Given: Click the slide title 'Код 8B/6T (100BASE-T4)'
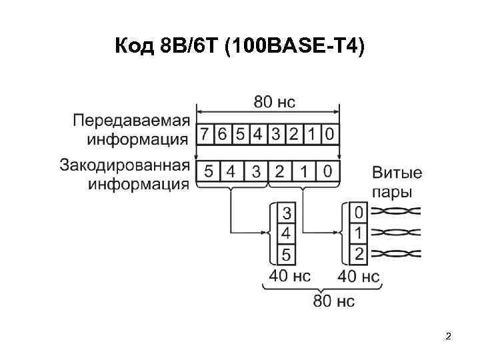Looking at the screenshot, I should pyautogui.click(x=240, y=47).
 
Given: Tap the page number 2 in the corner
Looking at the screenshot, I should pyautogui.click(x=449, y=337).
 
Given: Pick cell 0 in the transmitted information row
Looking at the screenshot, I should pyautogui.click(x=329, y=135).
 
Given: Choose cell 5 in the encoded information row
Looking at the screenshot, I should pyautogui.click(x=209, y=171).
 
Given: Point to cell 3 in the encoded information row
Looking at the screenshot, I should pyautogui.click(x=256, y=171).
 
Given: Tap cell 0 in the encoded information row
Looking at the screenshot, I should pyautogui.click(x=327, y=171).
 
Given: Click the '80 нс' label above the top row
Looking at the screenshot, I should pyautogui.click(x=274, y=102).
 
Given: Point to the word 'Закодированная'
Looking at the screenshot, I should pyautogui.click(x=125, y=164).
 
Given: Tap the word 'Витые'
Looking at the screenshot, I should pyautogui.click(x=397, y=173).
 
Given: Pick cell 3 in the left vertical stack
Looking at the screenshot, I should pyautogui.click(x=287, y=214).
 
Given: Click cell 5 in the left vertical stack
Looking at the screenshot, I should pyautogui.click(x=287, y=254).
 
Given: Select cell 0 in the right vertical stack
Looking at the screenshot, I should pyautogui.click(x=359, y=213).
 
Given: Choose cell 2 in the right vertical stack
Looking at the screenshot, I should pyautogui.click(x=359, y=253).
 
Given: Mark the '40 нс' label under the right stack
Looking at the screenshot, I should pyautogui.click(x=359, y=275).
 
